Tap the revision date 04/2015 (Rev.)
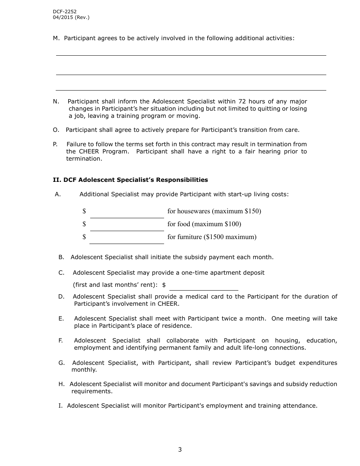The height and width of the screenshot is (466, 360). pyautogui.click(x=71, y=17)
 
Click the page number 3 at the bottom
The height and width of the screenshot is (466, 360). pyautogui.click(x=180, y=450)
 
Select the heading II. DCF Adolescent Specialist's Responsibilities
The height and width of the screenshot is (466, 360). pyautogui.click(x=130, y=180)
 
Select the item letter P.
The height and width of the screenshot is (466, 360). pyautogui.click(x=55, y=144)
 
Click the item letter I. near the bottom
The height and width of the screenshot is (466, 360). pyautogui.click(x=60, y=406)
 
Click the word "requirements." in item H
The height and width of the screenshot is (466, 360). pyautogui.click(x=92, y=391)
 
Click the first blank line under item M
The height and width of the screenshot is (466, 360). pyautogui.click(x=191, y=55)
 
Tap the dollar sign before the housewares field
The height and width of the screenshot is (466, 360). pyautogui.click(x=84, y=211)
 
